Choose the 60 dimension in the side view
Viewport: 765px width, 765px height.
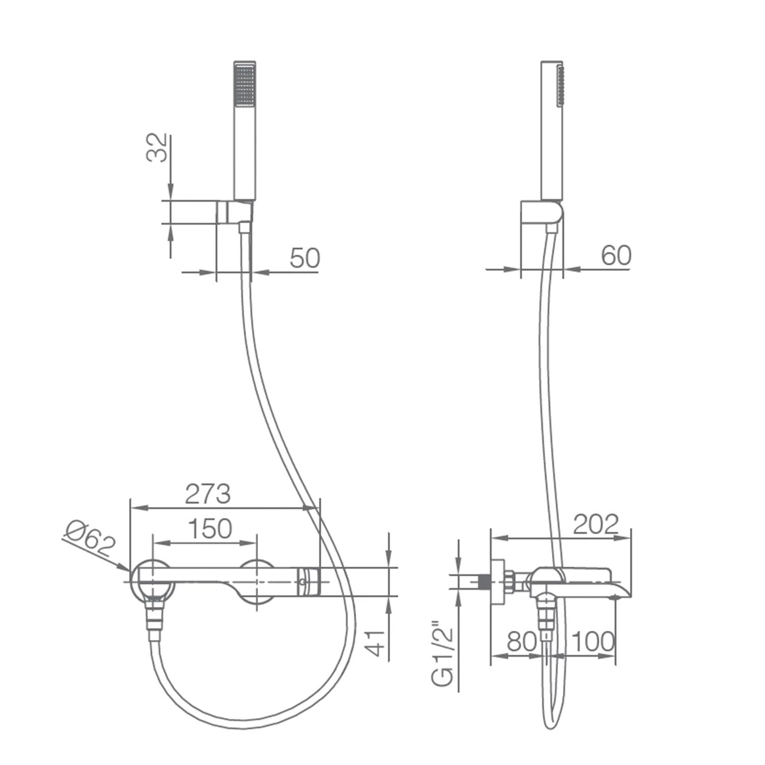pyautogui.click(x=616, y=255)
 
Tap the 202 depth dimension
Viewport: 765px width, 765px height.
pyautogui.click(x=596, y=524)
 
